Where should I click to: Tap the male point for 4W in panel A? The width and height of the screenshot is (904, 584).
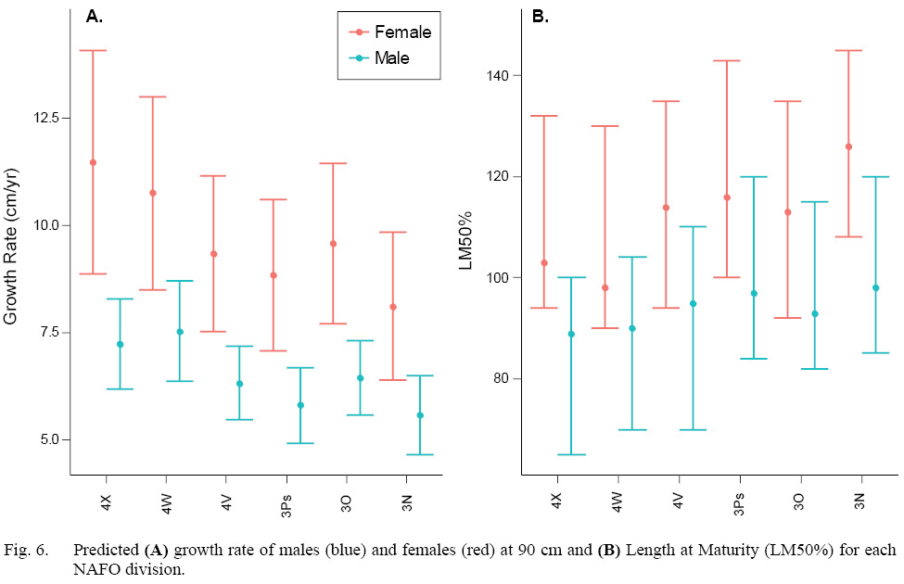(x=180, y=331)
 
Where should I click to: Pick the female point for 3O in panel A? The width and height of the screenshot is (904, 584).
(x=333, y=244)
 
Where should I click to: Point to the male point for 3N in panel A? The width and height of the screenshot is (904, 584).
(x=420, y=415)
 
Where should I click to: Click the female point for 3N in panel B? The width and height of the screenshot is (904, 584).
(x=848, y=146)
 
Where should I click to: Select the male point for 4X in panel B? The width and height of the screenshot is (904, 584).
(x=571, y=334)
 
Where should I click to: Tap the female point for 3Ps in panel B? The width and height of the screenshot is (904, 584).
(x=727, y=197)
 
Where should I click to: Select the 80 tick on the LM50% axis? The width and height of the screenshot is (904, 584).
(x=501, y=378)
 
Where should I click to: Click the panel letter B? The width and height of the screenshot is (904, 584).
(x=539, y=16)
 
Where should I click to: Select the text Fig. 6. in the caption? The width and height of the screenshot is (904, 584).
(x=25, y=550)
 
